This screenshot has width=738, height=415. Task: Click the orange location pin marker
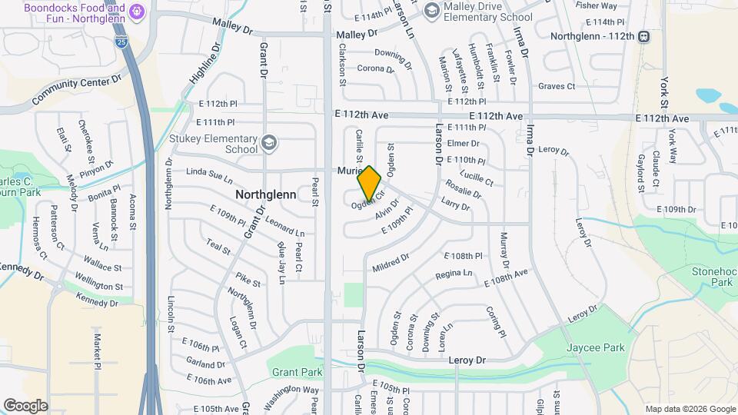pyautogui.click(x=370, y=184)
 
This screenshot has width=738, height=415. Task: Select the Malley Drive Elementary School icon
pyautogui.click(x=431, y=10)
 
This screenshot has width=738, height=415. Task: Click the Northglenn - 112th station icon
pyautogui.click(x=644, y=36)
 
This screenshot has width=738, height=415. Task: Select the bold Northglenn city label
pyautogui.click(x=265, y=194)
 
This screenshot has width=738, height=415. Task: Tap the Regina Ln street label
pyautogui.click(x=454, y=274)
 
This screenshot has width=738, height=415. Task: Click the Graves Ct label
pyautogui.click(x=557, y=86)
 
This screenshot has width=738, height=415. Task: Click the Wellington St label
pyautogui.click(x=98, y=281)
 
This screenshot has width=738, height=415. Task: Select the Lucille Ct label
pyautogui.click(x=476, y=178)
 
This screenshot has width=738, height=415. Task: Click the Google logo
pyautogui.click(x=25, y=405)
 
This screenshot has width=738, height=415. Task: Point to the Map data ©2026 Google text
pyautogui.click(x=690, y=409)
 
